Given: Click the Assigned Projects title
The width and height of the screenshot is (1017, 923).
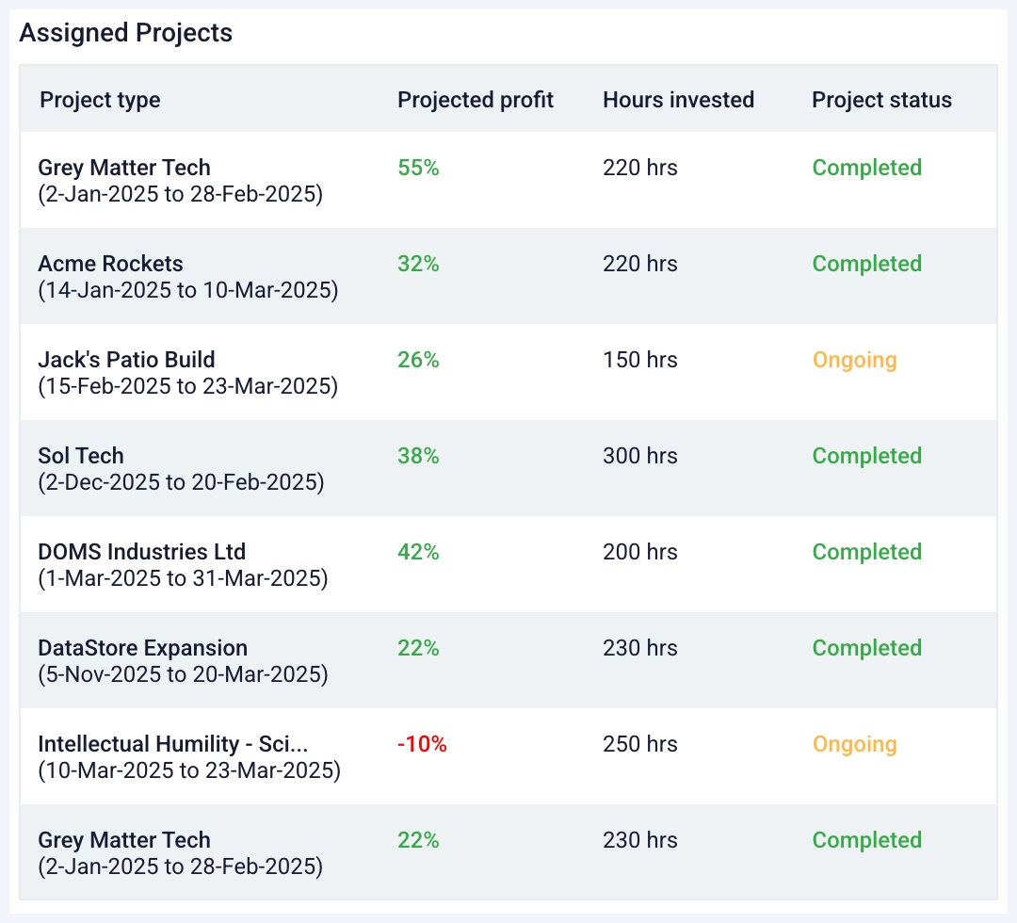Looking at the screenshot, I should click(x=125, y=33).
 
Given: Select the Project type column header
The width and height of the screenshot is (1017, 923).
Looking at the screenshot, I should click(x=100, y=100).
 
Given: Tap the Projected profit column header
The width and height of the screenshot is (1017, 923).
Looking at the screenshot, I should click(x=476, y=100).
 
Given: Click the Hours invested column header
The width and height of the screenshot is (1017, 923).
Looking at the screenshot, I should click(x=678, y=100).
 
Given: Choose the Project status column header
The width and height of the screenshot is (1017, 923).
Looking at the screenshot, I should click(x=881, y=100).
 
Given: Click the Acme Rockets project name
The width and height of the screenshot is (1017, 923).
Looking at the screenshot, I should click(x=110, y=264).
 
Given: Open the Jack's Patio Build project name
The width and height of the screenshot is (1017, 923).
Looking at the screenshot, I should click(x=126, y=360).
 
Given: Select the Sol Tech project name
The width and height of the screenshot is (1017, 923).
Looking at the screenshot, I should click(x=81, y=456).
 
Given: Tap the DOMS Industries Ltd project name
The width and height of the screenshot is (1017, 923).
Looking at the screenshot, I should click(x=141, y=552).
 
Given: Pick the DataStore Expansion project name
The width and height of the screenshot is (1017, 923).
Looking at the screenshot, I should click(x=142, y=648).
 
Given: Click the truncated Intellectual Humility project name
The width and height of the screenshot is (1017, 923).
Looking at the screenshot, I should click(x=173, y=744).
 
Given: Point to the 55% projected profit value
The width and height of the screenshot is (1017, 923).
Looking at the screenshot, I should click(x=418, y=168).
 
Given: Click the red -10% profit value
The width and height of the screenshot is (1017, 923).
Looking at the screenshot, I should click(x=422, y=744).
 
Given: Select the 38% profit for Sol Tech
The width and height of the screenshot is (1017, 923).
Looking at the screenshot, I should click(x=418, y=456).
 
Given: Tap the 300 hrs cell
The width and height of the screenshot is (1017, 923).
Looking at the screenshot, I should click(x=639, y=456).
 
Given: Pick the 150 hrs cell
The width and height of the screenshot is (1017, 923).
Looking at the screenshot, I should click(x=639, y=360).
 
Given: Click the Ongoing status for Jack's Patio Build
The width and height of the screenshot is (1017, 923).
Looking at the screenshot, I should click(x=854, y=360).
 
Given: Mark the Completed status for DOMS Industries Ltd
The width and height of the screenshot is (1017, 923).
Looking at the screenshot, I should click(x=866, y=552).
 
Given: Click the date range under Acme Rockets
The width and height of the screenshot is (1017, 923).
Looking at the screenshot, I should click(x=187, y=290).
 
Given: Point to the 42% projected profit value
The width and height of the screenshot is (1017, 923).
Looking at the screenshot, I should click(x=418, y=552).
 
